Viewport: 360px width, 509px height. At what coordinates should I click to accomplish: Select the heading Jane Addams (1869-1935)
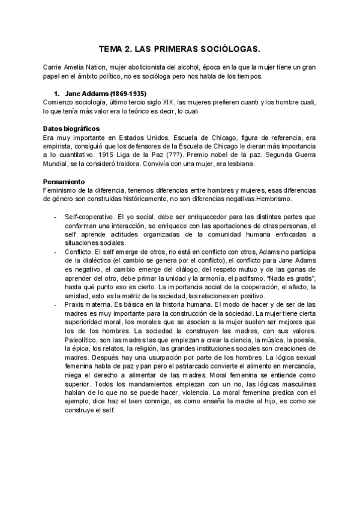tap(105, 94)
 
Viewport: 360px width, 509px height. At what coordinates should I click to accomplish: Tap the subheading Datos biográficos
tap(71, 129)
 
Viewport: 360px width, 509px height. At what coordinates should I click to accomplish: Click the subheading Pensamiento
tap(64, 181)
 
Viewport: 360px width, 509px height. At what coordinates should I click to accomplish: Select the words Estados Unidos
tap(139, 137)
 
